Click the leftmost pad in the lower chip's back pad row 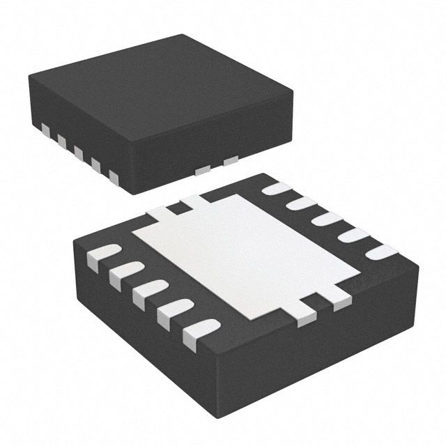tap(277, 188)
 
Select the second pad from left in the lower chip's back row tap(301, 203)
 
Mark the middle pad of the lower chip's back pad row tap(325, 219)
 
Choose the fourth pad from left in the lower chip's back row tap(352, 235)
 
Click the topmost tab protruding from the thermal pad tap(193, 201)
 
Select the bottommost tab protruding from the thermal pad tap(306, 318)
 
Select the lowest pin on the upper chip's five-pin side tap(114, 179)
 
